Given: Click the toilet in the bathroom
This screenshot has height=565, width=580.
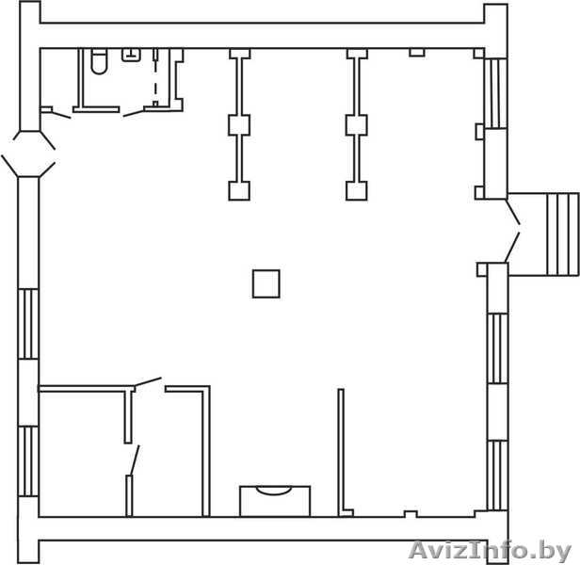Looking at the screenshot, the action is click(x=99, y=61).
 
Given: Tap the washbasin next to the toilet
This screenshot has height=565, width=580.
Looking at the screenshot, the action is click(x=131, y=55).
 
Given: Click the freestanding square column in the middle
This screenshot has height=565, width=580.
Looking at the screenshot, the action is click(x=266, y=283).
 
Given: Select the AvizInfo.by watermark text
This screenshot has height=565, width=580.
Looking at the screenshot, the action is click(x=491, y=551).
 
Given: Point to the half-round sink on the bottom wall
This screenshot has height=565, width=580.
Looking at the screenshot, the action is click(x=274, y=491).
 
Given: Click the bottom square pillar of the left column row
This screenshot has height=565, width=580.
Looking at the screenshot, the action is click(x=239, y=191).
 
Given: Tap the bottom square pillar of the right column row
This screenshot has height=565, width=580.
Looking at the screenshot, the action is click(x=357, y=191).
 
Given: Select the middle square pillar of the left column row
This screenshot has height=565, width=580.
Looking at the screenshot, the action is click(x=239, y=125).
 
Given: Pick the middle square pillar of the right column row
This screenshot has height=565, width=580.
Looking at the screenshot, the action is click(x=357, y=125).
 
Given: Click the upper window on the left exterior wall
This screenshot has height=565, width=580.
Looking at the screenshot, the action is click(x=28, y=324).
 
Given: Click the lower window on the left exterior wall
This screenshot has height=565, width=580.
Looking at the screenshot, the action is click(x=28, y=461).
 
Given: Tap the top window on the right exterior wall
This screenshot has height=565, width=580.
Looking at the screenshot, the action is click(x=495, y=93).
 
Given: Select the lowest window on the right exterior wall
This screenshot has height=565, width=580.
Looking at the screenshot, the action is click(x=497, y=476).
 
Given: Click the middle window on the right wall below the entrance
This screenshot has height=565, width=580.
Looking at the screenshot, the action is click(x=497, y=349).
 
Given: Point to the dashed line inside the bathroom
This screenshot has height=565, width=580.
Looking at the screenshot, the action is click(x=155, y=79).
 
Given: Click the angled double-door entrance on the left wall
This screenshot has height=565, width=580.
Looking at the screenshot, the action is click(x=28, y=153).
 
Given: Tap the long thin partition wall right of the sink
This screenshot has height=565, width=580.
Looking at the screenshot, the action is click(x=341, y=451).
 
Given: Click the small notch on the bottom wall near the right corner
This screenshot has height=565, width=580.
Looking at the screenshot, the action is click(x=411, y=514).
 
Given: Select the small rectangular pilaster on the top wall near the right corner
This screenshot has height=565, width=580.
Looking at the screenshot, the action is click(x=417, y=53).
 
